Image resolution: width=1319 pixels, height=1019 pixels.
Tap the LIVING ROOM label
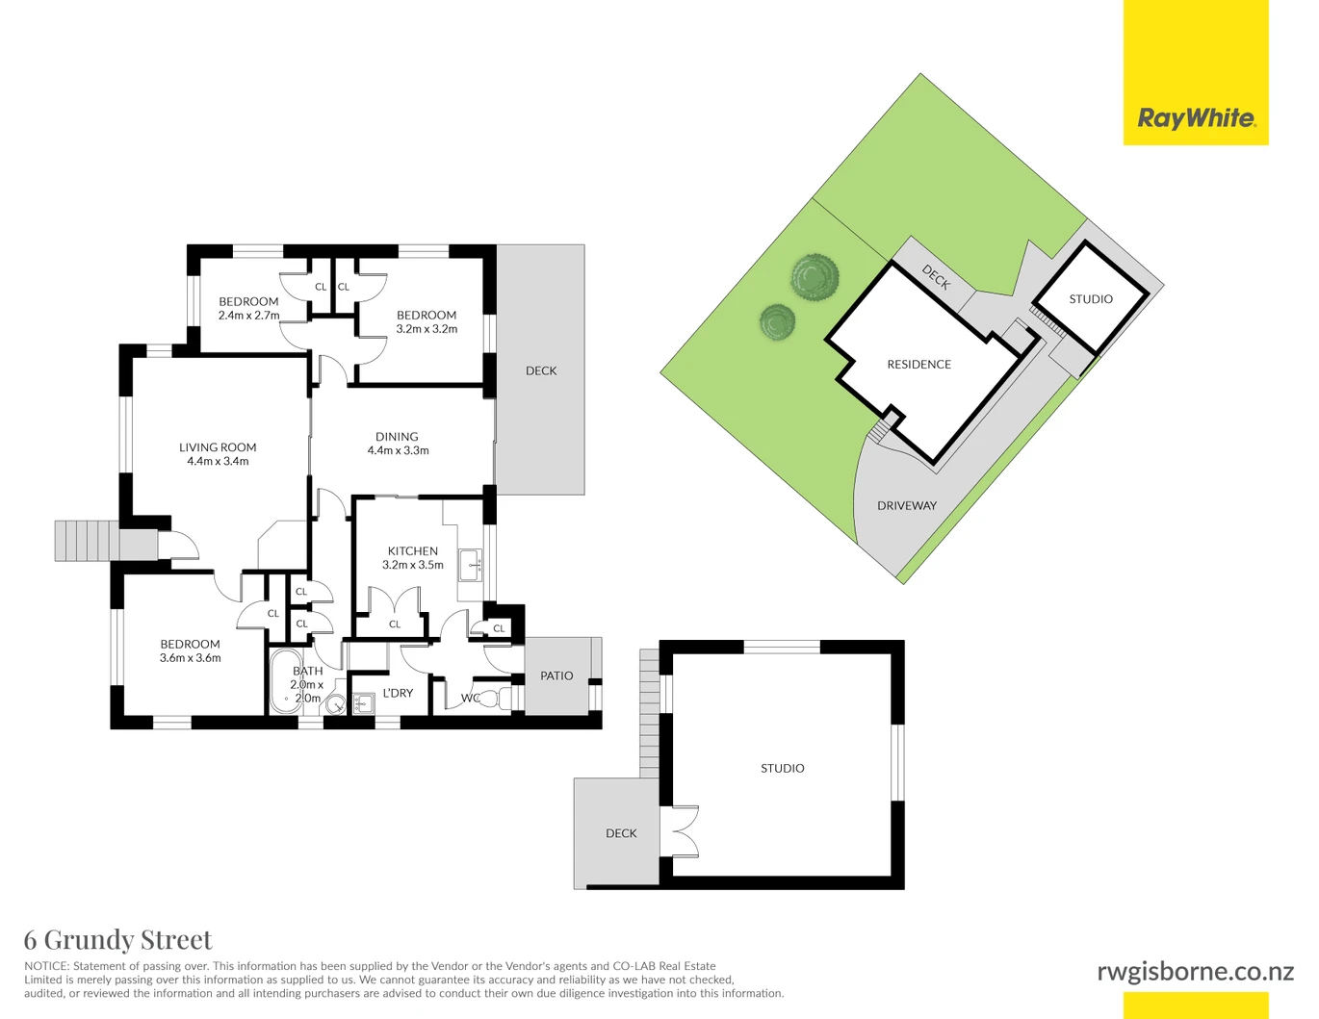click(218, 447)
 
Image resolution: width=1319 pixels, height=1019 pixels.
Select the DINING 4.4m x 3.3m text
click(398, 444)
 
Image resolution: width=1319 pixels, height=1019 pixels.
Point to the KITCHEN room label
click(413, 551)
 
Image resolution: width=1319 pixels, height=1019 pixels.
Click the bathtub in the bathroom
click(282, 681)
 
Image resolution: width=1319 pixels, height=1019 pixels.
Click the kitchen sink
click(471, 565)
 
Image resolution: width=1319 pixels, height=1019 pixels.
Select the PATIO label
click(556, 675)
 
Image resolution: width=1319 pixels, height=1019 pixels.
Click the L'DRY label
click(398, 693)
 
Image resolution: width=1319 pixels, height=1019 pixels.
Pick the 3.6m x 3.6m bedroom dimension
click(190, 658)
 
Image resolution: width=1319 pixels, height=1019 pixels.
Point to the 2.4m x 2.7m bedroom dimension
click(248, 316)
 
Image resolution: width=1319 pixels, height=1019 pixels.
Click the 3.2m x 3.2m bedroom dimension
click(427, 329)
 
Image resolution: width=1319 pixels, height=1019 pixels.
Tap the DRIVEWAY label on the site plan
click(907, 506)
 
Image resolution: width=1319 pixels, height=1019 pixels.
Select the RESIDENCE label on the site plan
click(919, 365)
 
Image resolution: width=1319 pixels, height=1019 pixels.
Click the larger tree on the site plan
click(815, 278)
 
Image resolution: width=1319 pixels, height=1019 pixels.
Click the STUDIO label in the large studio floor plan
click(783, 769)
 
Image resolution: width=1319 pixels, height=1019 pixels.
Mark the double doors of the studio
click(685, 831)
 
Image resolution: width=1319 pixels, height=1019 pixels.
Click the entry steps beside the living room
click(86, 541)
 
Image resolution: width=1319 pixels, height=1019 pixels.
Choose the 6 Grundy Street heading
click(118, 940)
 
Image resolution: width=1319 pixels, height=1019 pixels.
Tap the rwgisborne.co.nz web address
click(1195, 972)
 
